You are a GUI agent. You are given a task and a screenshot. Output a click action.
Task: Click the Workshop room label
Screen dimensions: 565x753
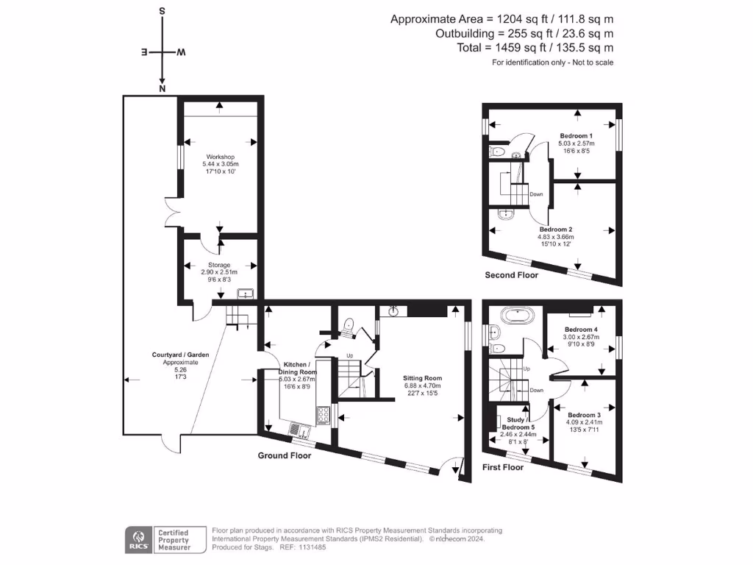[x=220, y=157]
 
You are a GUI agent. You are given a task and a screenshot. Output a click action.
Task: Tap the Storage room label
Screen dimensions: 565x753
[x=219, y=265]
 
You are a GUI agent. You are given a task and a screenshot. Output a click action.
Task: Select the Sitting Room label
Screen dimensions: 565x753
[x=422, y=377]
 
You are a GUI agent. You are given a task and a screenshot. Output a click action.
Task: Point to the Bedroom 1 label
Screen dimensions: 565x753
[x=577, y=136]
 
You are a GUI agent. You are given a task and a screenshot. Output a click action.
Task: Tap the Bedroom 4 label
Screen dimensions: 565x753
[x=581, y=329]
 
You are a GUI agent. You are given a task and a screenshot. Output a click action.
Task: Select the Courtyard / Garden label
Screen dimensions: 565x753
[x=181, y=355]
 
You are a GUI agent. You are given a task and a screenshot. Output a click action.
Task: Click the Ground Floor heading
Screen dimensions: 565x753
[x=284, y=455]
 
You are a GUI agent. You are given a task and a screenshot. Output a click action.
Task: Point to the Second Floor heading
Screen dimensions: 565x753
[x=511, y=275]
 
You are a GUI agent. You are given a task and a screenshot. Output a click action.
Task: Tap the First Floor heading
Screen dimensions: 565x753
[x=503, y=467]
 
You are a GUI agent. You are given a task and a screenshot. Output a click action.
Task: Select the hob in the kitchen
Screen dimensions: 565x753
[x=322, y=416]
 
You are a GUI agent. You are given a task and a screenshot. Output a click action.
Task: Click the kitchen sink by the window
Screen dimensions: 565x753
[x=297, y=429]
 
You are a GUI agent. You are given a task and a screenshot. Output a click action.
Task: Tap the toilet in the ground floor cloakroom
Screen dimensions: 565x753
[x=350, y=324]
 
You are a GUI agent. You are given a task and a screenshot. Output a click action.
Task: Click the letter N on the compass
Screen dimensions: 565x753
[x=162, y=89]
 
